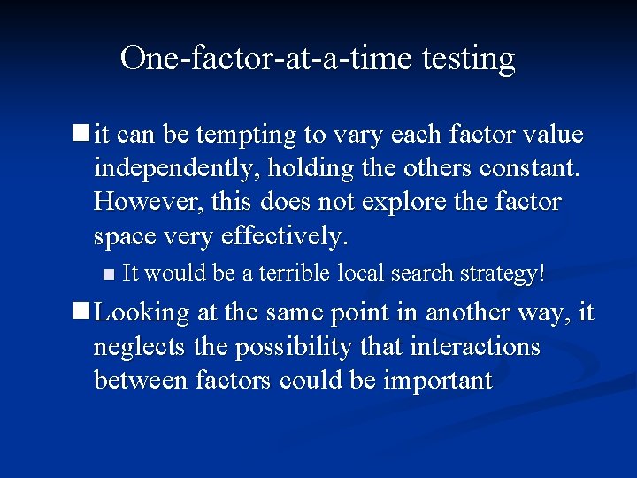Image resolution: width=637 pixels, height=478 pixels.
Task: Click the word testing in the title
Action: click(x=469, y=58)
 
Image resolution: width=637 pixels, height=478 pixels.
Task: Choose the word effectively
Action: click(x=288, y=236)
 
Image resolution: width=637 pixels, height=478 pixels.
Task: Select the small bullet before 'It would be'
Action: click(x=109, y=274)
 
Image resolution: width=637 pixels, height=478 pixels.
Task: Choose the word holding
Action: click(x=320, y=168)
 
